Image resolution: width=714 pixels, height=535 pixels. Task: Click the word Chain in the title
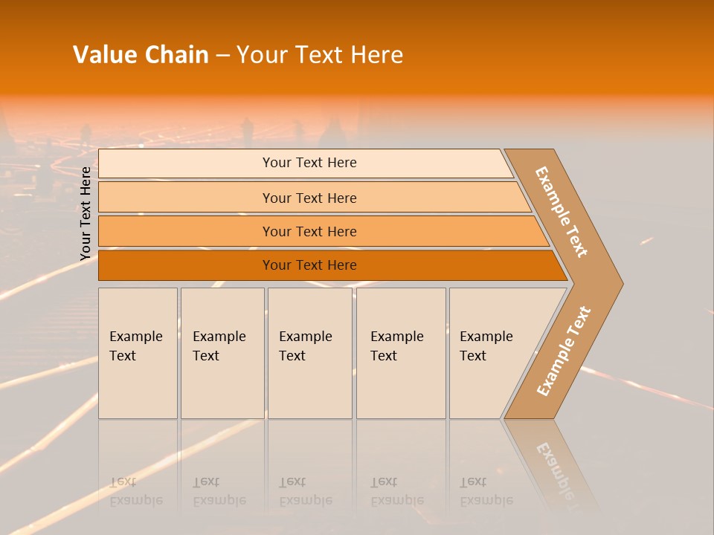[x=177, y=55]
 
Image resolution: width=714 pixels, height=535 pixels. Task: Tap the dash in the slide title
[x=222, y=56]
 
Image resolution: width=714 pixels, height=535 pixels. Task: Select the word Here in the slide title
[x=376, y=55]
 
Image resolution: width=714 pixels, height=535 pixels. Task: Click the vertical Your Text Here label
[x=86, y=213]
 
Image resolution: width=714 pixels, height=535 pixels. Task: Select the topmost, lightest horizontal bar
[x=309, y=163]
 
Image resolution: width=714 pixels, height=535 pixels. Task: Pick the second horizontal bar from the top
[x=309, y=198]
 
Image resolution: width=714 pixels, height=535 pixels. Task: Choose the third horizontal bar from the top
[x=309, y=231]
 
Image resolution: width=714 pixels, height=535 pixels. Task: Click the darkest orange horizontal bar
[x=309, y=265]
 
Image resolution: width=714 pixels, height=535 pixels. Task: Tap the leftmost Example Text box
[x=138, y=353]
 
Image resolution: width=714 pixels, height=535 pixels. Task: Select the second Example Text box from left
[x=222, y=353]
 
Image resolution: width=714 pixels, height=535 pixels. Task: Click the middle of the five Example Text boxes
[x=309, y=353]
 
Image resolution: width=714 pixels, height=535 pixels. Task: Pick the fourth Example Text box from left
[x=400, y=353]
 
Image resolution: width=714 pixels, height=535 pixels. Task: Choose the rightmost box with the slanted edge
[x=491, y=353]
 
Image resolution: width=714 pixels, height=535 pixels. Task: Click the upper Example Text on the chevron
[x=562, y=212]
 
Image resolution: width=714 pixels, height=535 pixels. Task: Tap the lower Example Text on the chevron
[x=563, y=351]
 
